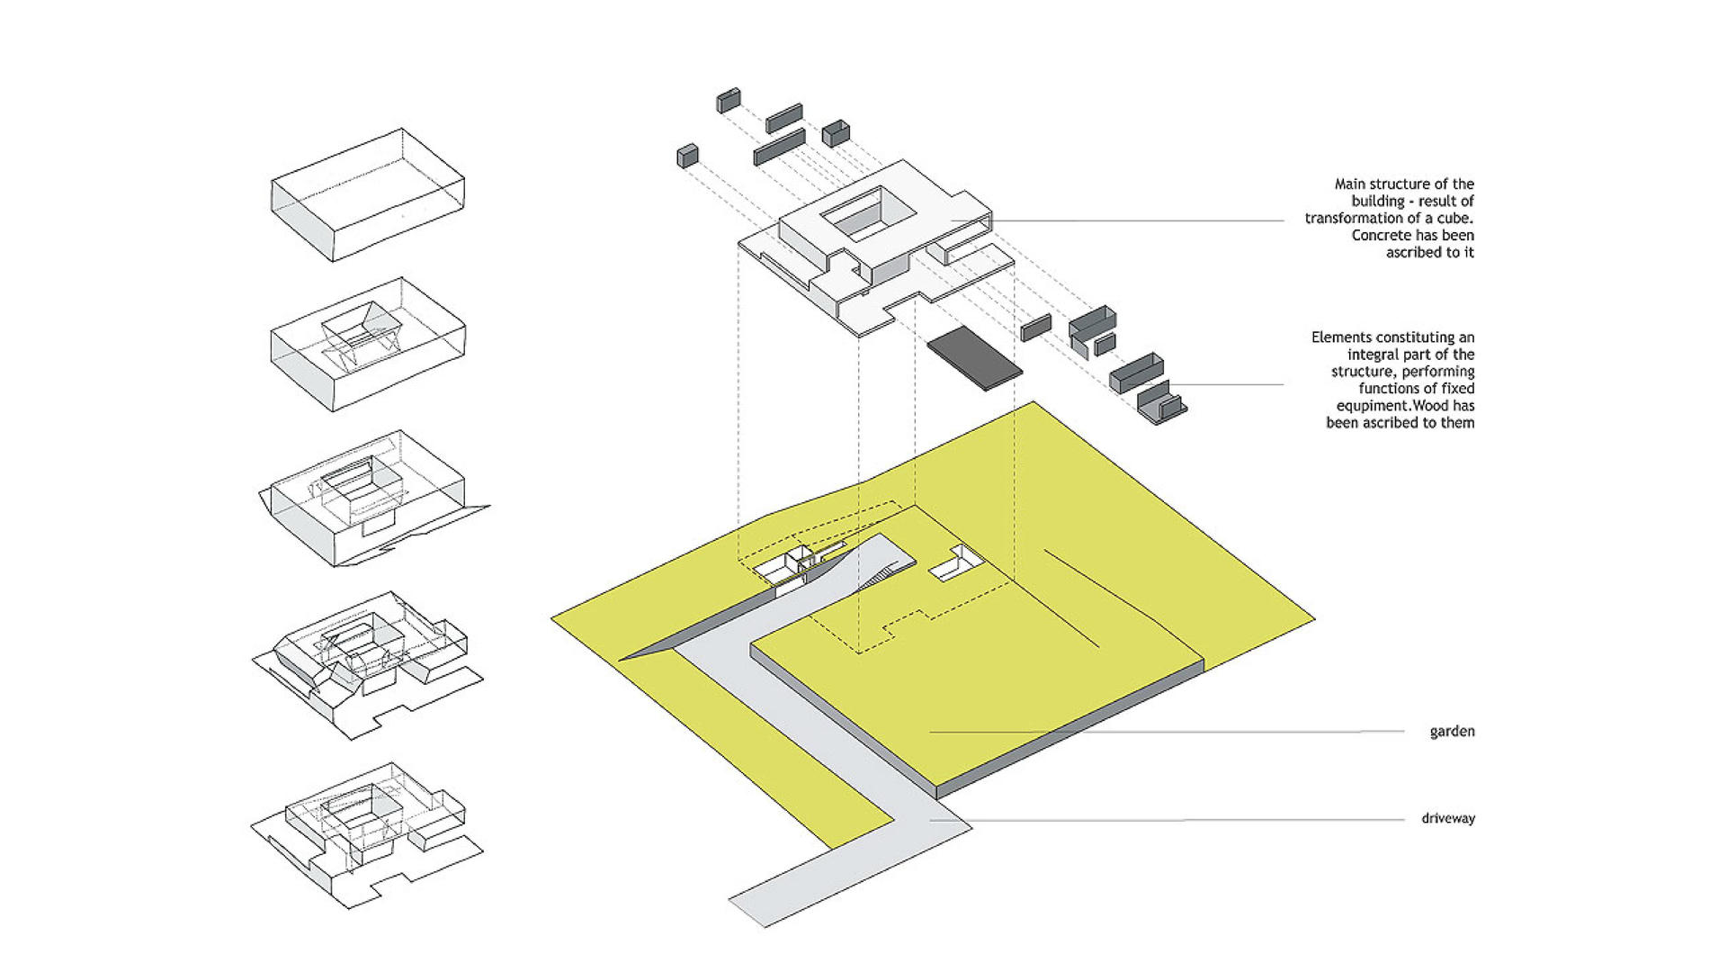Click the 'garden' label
tap(1452, 732)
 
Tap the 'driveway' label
tap(1447, 819)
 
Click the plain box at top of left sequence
tap(368, 194)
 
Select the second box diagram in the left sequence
tap(368, 345)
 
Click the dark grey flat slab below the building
tap(974, 359)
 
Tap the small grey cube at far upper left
tap(688, 157)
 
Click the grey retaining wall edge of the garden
tap(1070, 732)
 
